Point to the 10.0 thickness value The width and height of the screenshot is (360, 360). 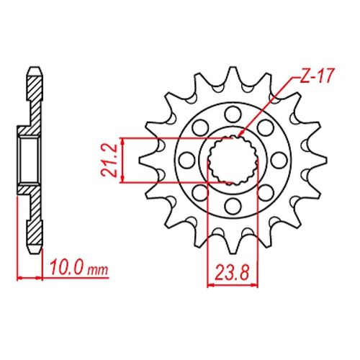click(x=67, y=270)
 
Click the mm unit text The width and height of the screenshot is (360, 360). click(x=98, y=272)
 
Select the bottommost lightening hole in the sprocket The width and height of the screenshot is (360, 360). click(x=233, y=207)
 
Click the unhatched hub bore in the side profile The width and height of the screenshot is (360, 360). click(x=30, y=159)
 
